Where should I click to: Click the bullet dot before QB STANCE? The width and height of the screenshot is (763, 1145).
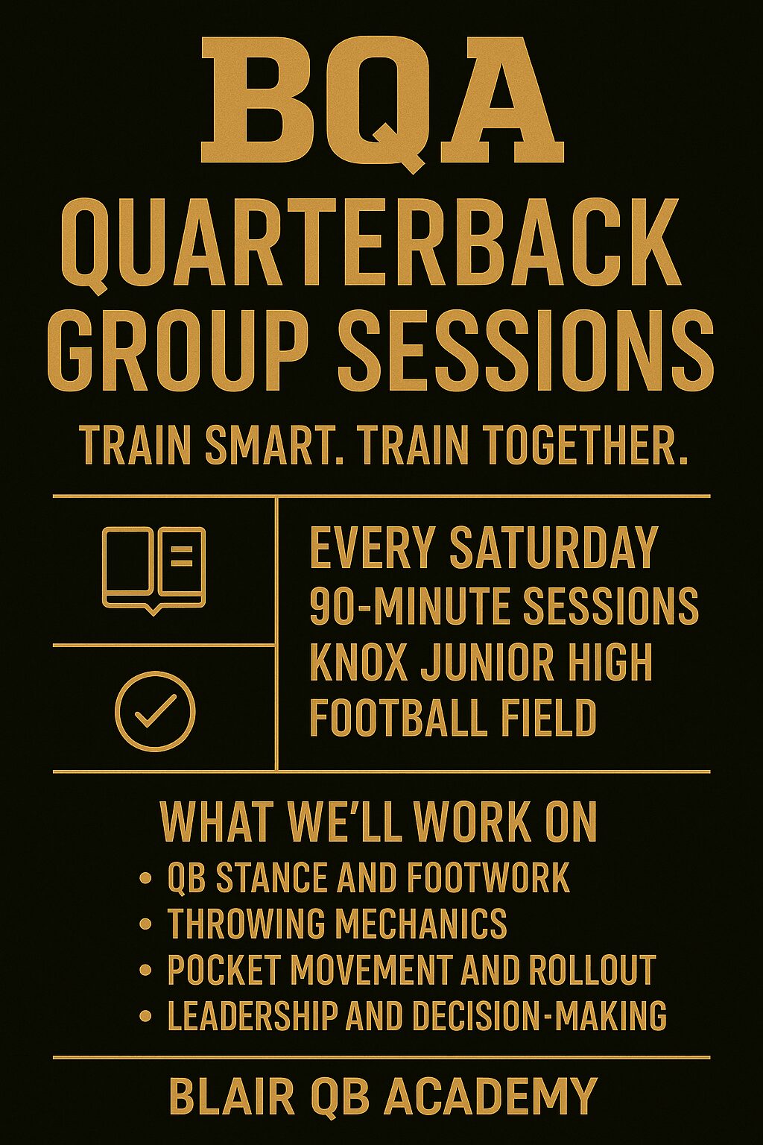[x=145, y=879]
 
